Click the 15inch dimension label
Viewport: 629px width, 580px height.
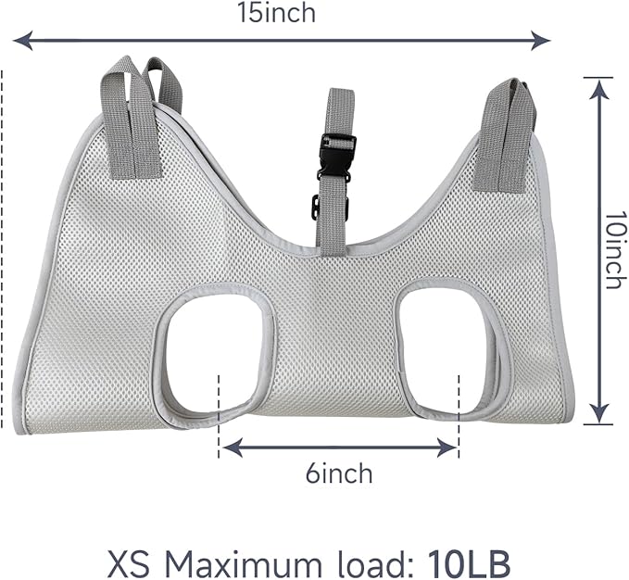(276, 13)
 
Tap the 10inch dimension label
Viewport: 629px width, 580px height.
(614, 250)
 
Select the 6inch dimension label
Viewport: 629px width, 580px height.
(339, 474)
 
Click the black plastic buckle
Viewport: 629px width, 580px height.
(337, 158)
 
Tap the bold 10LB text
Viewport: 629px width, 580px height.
(469, 563)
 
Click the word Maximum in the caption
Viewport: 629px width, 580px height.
(238, 563)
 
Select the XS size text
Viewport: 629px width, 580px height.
(130, 563)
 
